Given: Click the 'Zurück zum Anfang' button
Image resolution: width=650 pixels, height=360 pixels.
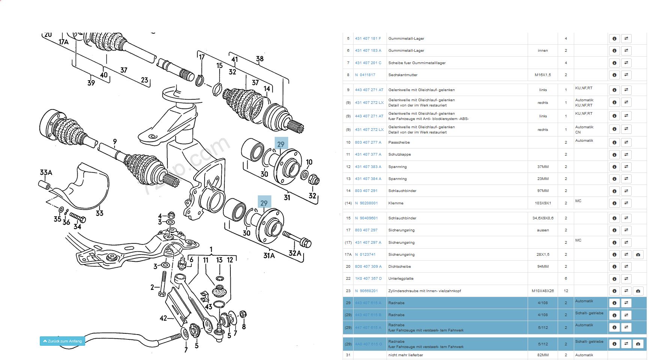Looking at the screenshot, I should tap(62, 341).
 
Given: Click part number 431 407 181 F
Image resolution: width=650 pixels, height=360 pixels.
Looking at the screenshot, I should tap(368, 39).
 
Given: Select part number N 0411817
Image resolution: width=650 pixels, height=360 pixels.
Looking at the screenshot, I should tap(365, 75).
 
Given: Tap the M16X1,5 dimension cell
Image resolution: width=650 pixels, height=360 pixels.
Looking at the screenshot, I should tap(543, 75).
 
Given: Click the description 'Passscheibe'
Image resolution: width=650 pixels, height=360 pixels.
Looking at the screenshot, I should tap(399, 142).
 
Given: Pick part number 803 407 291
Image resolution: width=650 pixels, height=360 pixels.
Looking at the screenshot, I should tap(366, 191).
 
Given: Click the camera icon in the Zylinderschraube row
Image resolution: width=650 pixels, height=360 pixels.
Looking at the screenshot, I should tap(638, 291).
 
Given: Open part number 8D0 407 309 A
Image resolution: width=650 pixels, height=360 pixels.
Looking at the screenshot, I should tap(368, 267).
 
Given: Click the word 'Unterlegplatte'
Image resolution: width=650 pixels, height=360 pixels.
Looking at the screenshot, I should tap(401, 279).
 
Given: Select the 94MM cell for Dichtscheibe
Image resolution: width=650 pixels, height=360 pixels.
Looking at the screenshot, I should tap(543, 267).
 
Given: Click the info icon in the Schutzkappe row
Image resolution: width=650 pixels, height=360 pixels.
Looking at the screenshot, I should tap(614, 154).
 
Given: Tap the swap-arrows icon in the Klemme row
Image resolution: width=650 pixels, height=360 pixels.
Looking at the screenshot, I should tap(626, 203).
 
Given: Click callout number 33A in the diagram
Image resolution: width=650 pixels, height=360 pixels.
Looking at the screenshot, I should tap(46, 172).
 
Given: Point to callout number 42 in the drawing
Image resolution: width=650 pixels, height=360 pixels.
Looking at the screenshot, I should tap(163, 318).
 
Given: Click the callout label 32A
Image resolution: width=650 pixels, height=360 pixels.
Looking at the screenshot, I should tap(295, 253).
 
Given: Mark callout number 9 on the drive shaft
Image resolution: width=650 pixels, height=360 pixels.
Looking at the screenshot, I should tap(115, 142).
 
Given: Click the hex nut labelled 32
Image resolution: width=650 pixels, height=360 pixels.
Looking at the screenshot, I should tap(314, 181).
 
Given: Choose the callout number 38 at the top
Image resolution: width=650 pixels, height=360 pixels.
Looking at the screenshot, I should tap(260, 59).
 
